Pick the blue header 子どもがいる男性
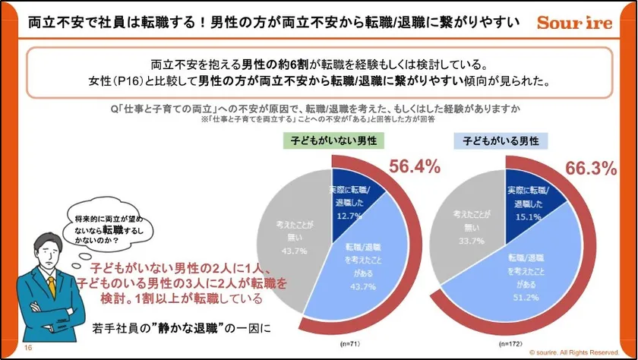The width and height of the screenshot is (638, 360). pos(502,141)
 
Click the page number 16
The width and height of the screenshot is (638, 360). pos(28,348)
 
